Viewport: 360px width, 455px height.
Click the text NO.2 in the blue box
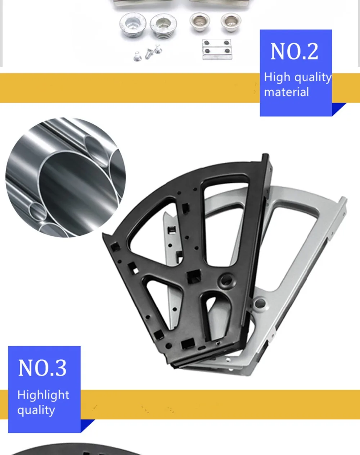click(x=294, y=51)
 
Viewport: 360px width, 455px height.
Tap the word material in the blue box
click(x=286, y=92)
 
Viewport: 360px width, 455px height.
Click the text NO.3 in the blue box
click(x=42, y=368)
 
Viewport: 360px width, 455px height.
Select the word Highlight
click(x=43, y=395)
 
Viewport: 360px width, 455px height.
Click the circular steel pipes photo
click(x=66, y=177)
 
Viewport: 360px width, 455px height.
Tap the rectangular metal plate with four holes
click(x=217, y=50)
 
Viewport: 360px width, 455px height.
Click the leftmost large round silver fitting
click(x=133, y=25)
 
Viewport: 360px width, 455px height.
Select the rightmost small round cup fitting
click(x=231, y=22)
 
